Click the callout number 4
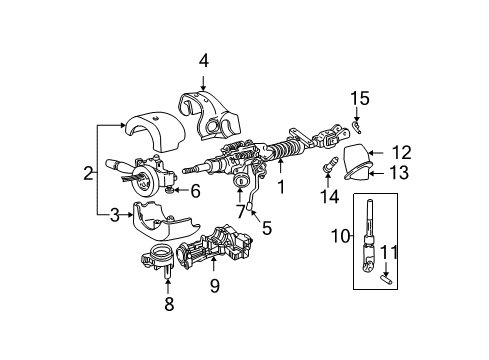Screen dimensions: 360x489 [203, 60]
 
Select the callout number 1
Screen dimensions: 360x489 [281, 186]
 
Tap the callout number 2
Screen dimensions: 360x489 [88, 173]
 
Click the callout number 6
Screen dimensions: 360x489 [196, 189]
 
